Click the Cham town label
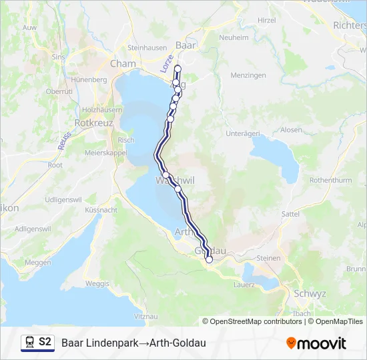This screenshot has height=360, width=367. tap(123, 64)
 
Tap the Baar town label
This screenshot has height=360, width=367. tap(185, 46)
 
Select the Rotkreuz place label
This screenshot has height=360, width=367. tap(94, 123)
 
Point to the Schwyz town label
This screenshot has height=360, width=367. tap(309, 293)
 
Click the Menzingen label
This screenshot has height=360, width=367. tap(248, 75)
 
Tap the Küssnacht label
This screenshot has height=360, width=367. tap(101, 209)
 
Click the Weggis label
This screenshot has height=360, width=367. tap(97, 283)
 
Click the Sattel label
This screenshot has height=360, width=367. tap(290, 214)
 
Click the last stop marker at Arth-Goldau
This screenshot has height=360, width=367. tap(209, 260)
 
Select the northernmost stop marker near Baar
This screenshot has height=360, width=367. tap(178, 69)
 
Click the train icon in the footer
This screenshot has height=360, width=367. tap(29, 343)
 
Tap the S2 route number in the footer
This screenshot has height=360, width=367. tap(45, 342)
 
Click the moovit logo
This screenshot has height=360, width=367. tap(316, 343)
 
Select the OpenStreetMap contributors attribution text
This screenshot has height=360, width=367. tap(256, 321)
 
